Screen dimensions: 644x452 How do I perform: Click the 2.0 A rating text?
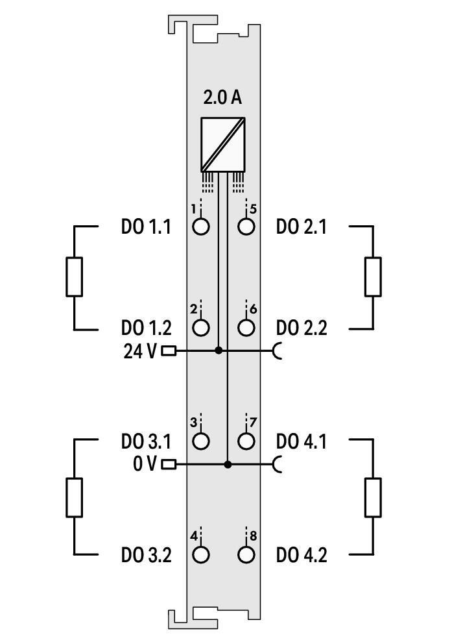pyautogui.click(x=222, y=98)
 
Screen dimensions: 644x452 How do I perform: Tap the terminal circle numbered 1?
pyautogui.click(x=202, y=227)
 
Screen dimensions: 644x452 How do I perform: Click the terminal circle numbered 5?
pyautogui.click(x=246, y=227)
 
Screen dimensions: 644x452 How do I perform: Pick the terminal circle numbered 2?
pyautogui.click(x=202, y=327)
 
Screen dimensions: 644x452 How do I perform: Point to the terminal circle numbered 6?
pyautogui.click(x=246, y=327)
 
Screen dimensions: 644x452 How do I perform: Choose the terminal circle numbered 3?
pyautogui.click(x=202, y=441)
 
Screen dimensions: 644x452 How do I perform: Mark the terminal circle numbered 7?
pyautogui.click(x=246, y=441)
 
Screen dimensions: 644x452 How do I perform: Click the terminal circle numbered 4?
pyautogui.click(x=202, y=554)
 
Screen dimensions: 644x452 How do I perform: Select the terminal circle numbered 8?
pyautogui.click(x=246, y=554)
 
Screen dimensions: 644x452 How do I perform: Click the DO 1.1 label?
pyautogui.click(x=146, y=227)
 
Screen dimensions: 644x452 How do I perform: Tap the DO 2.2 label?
pyautogui.click(x=302, y=328)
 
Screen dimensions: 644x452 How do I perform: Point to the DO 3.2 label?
pyautogui.click(x=146, y=555)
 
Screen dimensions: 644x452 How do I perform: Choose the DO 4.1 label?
pyautogui.click(x=302, y=442)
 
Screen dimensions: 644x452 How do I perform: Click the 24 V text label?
pyautogui.click(x=139, y=351)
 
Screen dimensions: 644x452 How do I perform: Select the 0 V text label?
pyautogui.click(x=143, y=465)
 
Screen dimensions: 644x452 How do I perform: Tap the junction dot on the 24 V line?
pyautogui.click(x=219, y=351)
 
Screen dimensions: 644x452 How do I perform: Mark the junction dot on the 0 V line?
pyautogui.click(x=228, y=464)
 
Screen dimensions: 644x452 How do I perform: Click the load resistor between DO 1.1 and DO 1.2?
pyautogui.click(x=75, y=277)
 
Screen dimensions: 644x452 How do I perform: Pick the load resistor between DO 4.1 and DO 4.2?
pyautogui.click(x=373, y=497)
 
